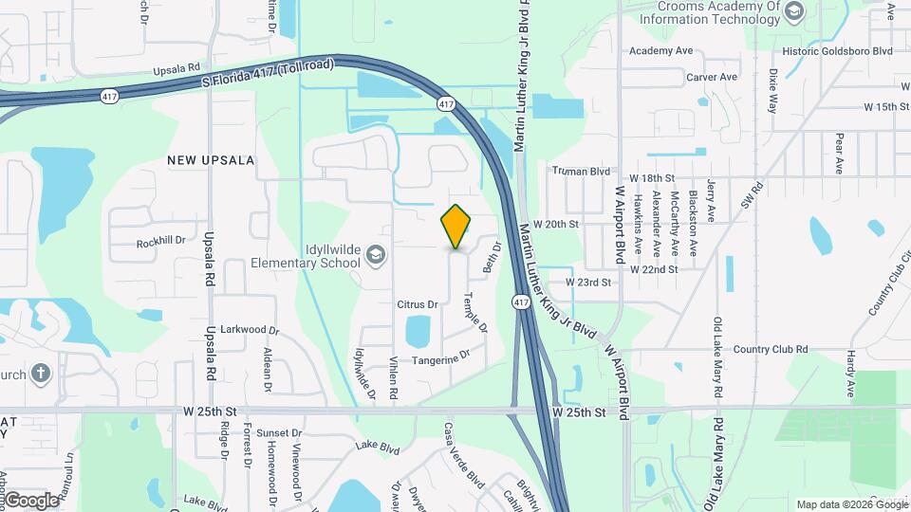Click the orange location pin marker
point(456,227)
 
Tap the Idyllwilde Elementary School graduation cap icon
point(377,254)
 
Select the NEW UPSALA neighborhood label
point(211,160)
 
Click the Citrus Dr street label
point(417,304)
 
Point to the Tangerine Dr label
point(440,358)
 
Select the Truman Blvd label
point(580,171)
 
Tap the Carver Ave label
point(712,77)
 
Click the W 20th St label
point(556,224)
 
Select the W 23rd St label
point(588,283)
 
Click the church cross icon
point(40,373)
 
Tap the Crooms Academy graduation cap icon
point(794,11)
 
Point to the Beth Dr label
point(491,257)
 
